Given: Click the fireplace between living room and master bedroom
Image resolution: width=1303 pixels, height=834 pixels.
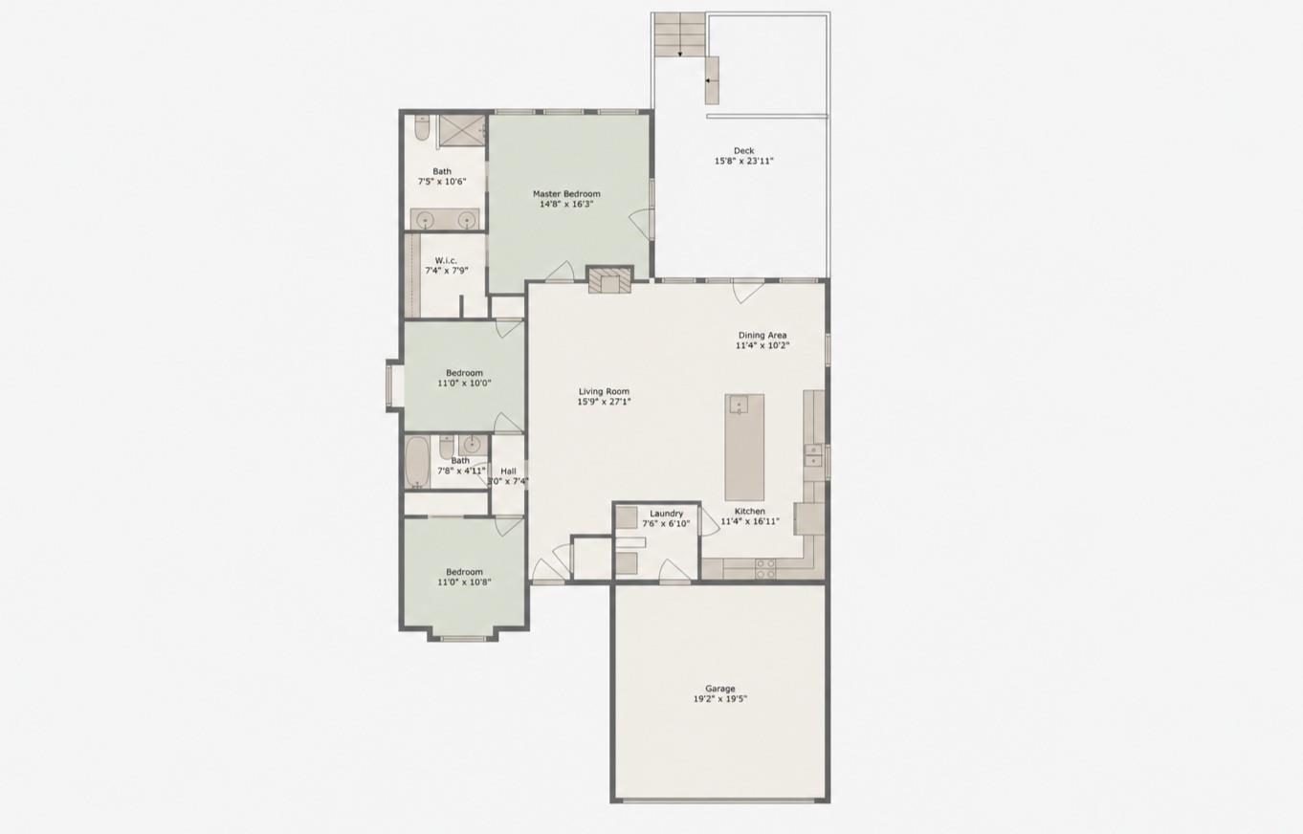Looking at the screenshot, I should [x=609, y=280].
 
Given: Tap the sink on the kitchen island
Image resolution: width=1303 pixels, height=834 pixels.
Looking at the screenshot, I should [x=739, y=406].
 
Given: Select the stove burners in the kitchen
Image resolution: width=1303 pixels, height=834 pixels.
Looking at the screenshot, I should [x=765, y=569].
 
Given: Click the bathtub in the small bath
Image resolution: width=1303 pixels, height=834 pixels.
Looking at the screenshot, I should [x=416, y=463].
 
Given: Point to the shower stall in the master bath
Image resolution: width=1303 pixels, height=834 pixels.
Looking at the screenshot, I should [x=462, y=131].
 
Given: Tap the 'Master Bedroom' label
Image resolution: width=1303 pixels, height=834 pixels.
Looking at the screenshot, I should [x=566, y=194].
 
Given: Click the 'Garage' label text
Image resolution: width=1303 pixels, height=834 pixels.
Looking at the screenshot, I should [x=720, y=689].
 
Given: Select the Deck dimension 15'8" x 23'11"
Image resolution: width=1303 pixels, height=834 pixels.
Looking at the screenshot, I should [x=743, y=162].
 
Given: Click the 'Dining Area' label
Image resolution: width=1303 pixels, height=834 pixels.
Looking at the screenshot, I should [x=762, y=335].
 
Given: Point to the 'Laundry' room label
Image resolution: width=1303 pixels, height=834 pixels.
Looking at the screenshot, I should [x=666, y=514].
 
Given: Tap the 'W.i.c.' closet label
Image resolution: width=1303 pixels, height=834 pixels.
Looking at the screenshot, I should [x=446, y=260].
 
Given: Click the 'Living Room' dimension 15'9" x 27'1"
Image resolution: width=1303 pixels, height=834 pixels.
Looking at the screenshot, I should [x=604, y=402].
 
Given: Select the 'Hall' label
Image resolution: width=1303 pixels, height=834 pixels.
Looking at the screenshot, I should [x=508, y=471].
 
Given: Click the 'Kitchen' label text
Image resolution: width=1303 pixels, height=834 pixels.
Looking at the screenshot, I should [x=749, y=512].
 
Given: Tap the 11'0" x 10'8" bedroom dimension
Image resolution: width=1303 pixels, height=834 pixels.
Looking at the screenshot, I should [x=464, y=582].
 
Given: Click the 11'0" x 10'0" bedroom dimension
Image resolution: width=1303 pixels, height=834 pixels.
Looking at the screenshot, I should [x=464, y=383].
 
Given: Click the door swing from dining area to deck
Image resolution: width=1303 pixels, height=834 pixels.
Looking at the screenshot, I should [x=747, y=291].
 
